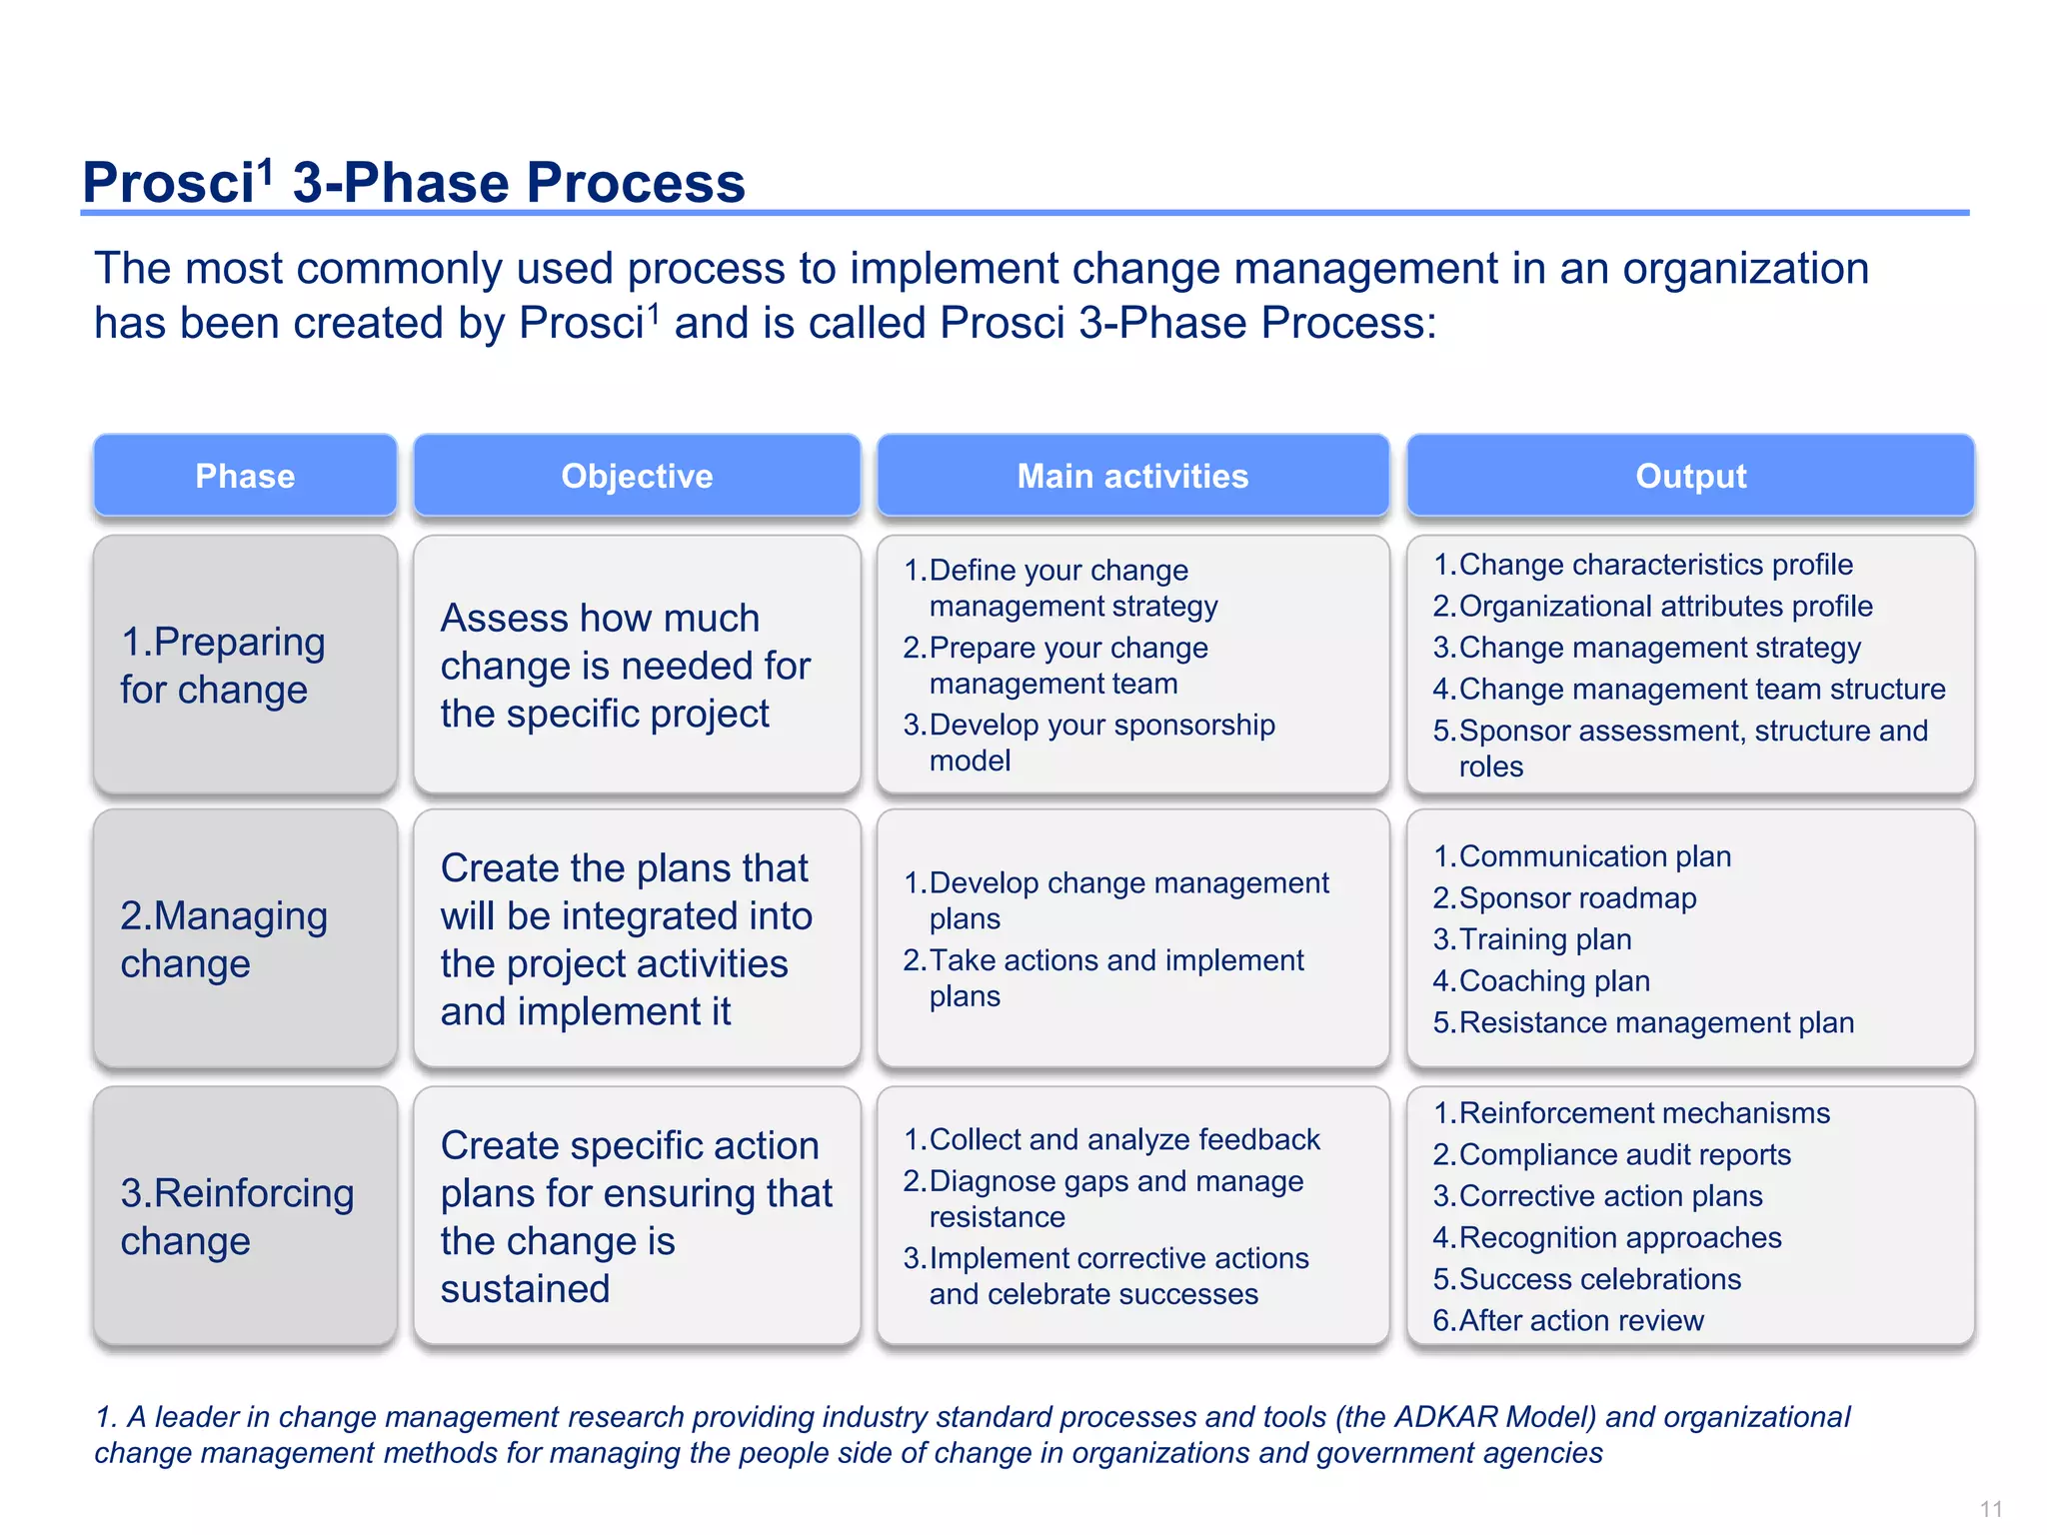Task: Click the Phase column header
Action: pos(245,476)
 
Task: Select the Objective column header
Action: pos(637,476)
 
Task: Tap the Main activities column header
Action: pos(1132,476)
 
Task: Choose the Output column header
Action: pos(1690,476)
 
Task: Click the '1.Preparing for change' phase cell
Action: pos(245,665)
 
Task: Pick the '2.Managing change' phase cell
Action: pos(245,939)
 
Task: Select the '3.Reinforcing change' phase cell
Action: pos(245,1216)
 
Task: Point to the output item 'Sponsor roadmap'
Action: pos(1577,897)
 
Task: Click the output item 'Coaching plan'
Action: pos(1554,980)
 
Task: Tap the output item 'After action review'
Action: pos(1580,1320)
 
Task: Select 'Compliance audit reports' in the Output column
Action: pos(1624,1154)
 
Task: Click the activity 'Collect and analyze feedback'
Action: pos(1123,1139)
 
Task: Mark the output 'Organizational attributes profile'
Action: pos(1665,606)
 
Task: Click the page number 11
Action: pos(1990,1509)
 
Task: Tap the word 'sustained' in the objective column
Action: pos(525,1289)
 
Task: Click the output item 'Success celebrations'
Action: pos(1599,1279)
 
